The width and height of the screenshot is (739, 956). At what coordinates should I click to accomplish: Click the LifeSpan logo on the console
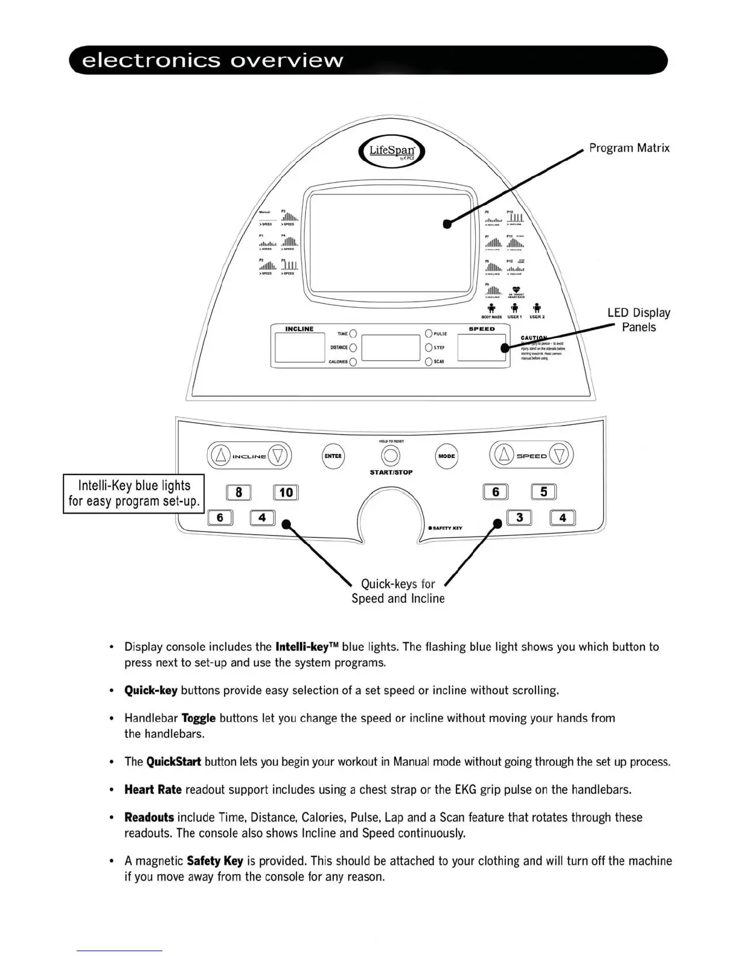pos(391,151)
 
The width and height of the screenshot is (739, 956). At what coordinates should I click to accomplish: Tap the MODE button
pos(446,456)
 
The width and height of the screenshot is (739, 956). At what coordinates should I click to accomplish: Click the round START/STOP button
pos(391,456)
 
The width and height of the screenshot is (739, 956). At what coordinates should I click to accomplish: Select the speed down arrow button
pos(560,456)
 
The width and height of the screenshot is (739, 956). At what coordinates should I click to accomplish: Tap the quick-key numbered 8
pos(238,492)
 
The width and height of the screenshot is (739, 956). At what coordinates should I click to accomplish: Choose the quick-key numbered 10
pos(286,492)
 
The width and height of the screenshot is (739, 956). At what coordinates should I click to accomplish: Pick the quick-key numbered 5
pos(543,492)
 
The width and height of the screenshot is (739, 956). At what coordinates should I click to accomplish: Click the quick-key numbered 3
pos(519,517)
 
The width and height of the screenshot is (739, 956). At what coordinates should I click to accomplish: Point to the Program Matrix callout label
pos(629,148)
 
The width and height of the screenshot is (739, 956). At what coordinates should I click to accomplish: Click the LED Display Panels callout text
pos(639,320)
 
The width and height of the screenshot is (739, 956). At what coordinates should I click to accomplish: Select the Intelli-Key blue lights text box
pos(133,494)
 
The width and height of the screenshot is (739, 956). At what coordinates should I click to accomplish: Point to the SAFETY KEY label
pos(447,528)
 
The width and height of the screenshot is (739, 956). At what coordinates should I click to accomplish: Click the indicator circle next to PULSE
pos(429,333)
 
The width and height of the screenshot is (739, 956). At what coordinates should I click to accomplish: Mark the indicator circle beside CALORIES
pos(353,362)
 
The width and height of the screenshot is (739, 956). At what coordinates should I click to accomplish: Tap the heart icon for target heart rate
pos(516,290)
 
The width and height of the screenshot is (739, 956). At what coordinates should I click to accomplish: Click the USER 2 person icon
pos(537,308)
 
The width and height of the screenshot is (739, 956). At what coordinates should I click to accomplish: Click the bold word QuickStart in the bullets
pos(173,762)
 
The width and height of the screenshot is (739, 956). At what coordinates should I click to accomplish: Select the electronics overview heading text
pos(213,60)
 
